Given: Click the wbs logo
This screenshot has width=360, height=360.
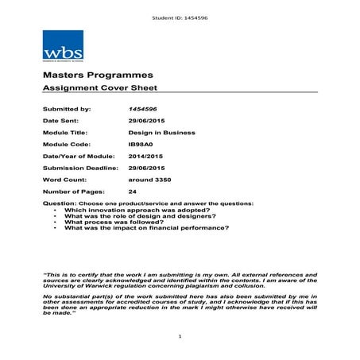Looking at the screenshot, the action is click(x=63, y=45).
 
